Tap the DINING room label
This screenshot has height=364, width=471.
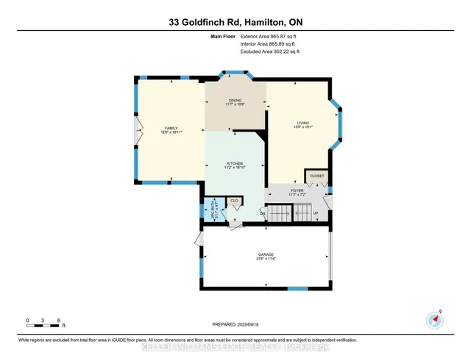235,102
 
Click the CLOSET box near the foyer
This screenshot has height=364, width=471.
316,176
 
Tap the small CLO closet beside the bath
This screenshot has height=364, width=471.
235,200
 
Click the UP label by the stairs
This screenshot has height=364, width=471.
316,214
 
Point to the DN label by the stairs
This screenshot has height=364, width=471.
263,213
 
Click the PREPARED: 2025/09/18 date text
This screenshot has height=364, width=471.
235,324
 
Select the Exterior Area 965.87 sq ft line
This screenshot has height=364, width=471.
271,36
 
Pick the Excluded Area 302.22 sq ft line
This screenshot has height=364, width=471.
271,52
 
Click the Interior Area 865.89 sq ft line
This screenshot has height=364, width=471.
271,44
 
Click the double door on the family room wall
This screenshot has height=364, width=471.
135,134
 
